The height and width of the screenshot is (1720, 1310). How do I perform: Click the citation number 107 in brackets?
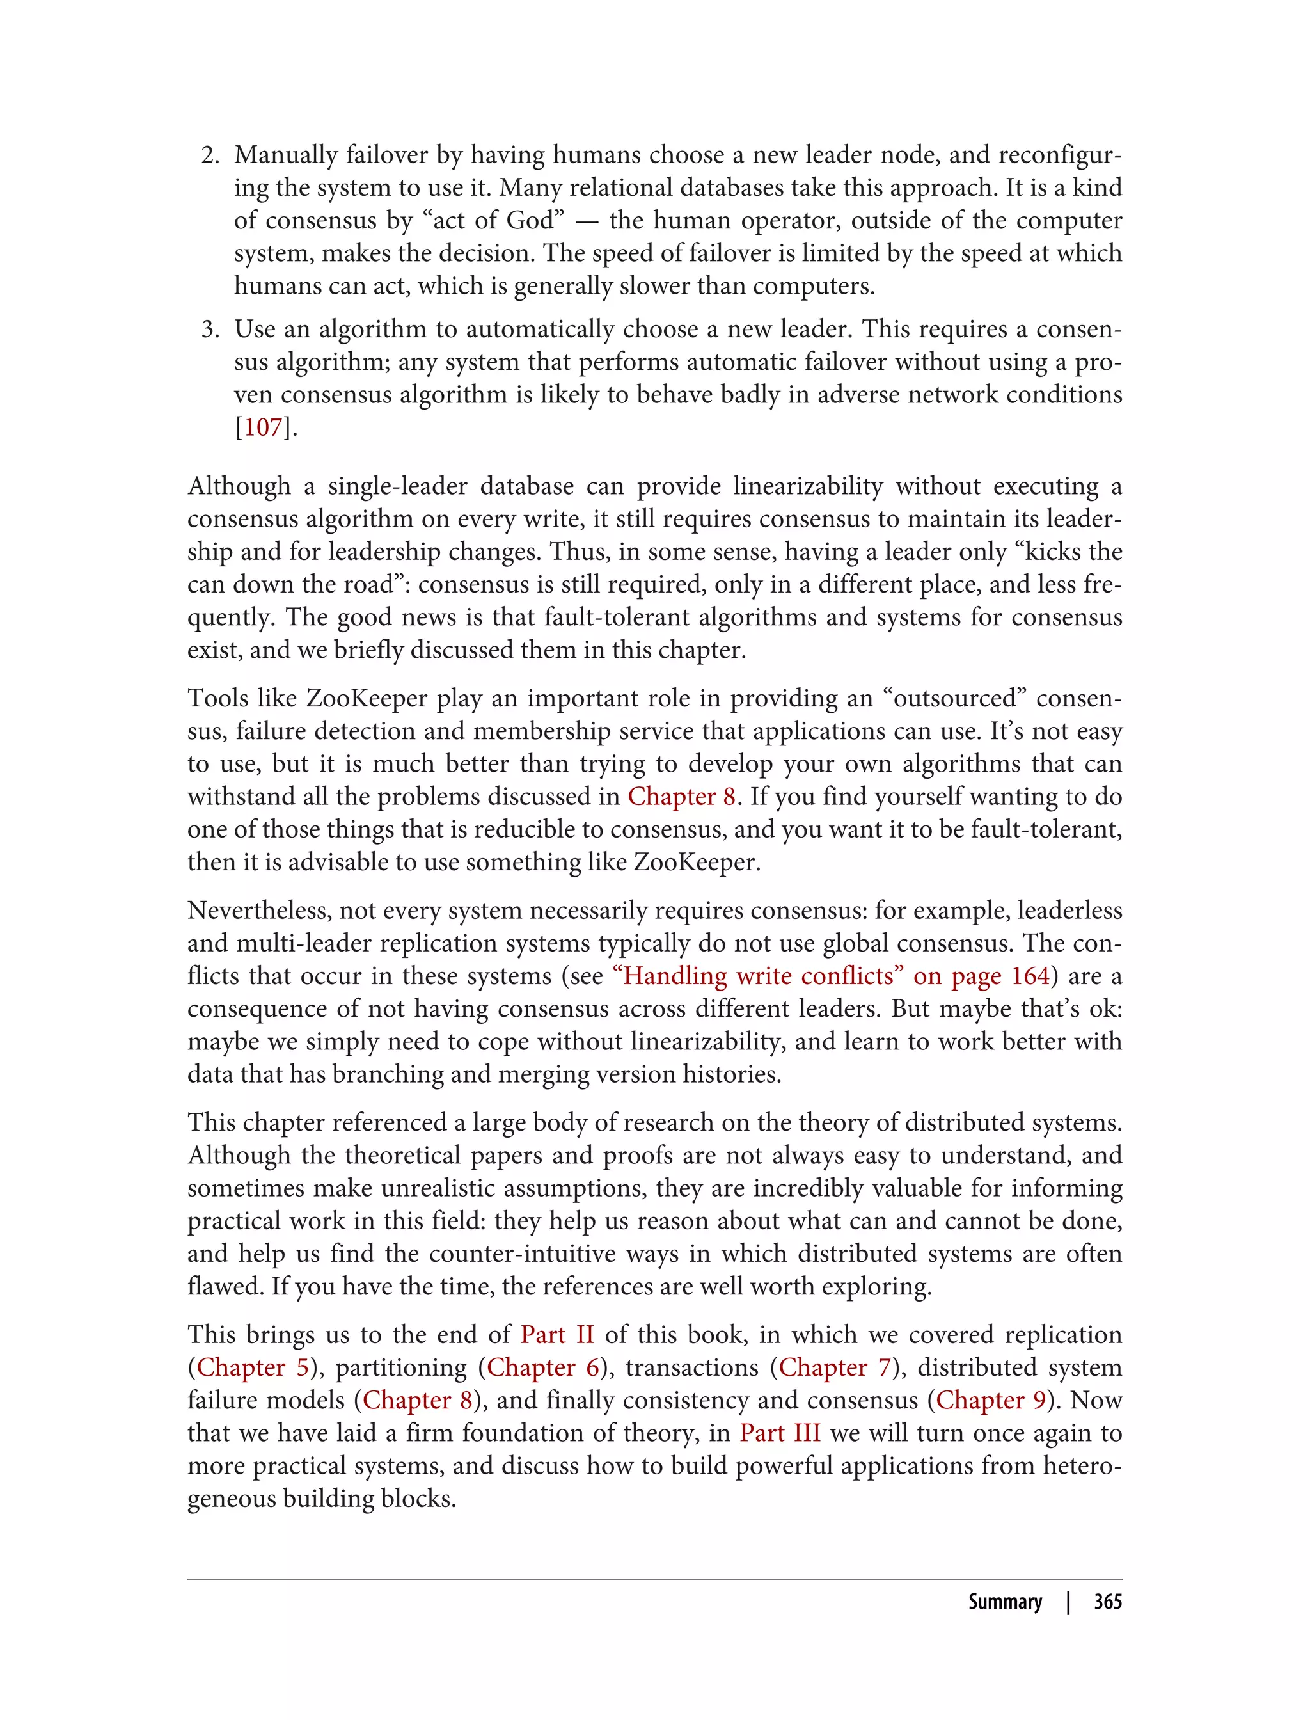click(x=263, y=427)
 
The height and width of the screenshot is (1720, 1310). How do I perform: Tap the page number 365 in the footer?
click(x=1107, y=1602)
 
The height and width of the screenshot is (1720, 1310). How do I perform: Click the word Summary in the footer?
click(x=1005, y=1602)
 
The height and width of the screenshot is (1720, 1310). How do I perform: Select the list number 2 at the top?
click(x=210, y=155)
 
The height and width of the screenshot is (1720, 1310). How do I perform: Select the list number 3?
click(x=210, y=329)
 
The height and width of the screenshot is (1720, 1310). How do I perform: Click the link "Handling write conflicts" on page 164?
click(x=832, y=976)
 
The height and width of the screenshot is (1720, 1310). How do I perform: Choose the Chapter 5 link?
click(x=253, y=1367)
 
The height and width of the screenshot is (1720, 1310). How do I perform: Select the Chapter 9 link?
click(x=991, y=1400)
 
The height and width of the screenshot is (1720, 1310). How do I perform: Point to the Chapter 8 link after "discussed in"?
click(x=681, y=797)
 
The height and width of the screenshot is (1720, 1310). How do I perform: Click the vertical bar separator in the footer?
click(x=1068, y=1602)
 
